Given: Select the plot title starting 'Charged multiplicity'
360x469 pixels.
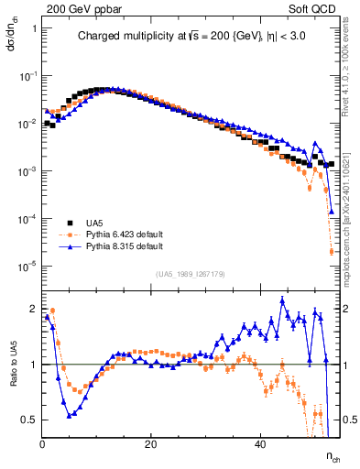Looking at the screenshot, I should (x=191, y=37).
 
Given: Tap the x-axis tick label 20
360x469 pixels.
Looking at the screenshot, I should (x=151, y=443).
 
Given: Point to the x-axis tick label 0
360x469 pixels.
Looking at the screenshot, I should (x=43, y=443).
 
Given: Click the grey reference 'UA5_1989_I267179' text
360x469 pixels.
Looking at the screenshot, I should (x=191, y=274).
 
